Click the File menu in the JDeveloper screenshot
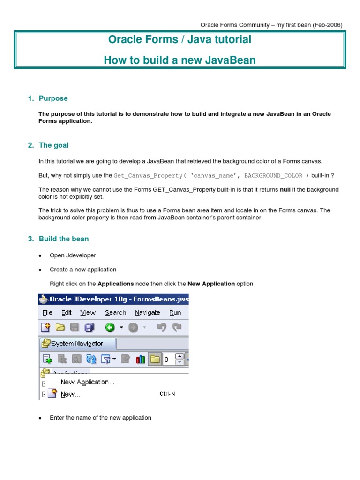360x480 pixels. (x=47, y=313)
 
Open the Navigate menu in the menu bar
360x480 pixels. (x=147, y=313)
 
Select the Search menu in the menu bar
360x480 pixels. (x=115, y=313)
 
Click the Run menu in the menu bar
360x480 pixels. (x=175, y=313)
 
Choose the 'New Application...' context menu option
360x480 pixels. (x=87, y=382)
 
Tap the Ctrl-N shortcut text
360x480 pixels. (x=167, y=394)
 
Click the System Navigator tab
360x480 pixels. (x=77, y=344)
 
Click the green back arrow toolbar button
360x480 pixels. (x=109, y=327)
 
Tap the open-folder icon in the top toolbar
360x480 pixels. (x=60, y=327)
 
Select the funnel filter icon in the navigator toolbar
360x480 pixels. (x=106, y=360)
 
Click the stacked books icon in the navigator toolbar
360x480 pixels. (x=140, y=360)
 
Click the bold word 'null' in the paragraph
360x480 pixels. (x=285, y=189)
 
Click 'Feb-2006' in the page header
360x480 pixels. (x=327, y=24)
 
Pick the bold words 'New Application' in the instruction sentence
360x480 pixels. (x=211, y=284)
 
